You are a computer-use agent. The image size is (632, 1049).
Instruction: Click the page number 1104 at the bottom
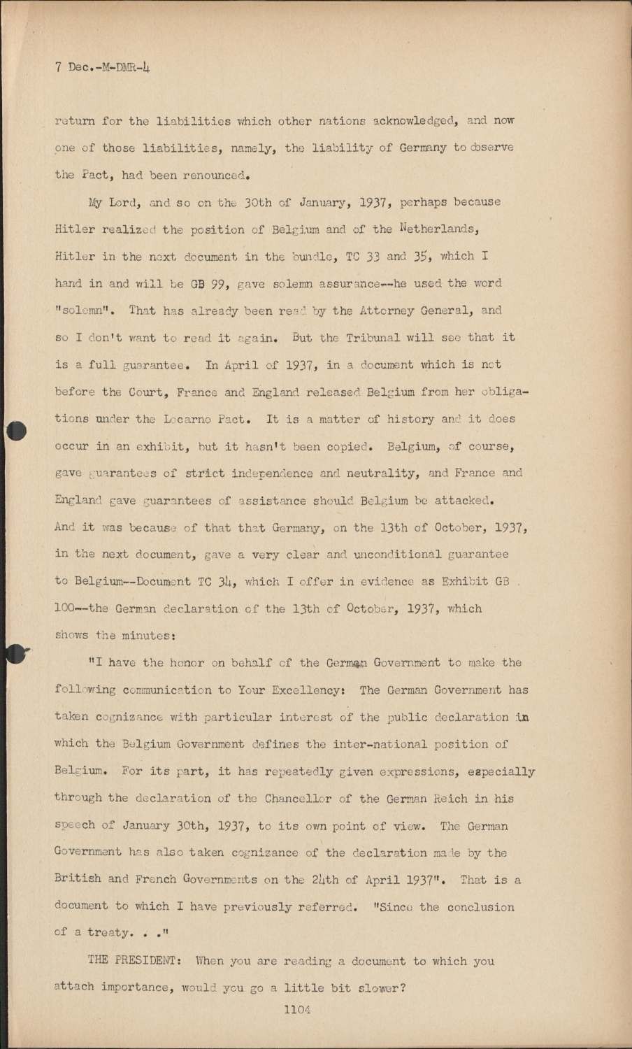296,1009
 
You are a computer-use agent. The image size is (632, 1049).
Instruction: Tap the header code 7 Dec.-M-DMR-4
103,68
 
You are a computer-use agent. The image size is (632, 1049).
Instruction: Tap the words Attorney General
407,311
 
